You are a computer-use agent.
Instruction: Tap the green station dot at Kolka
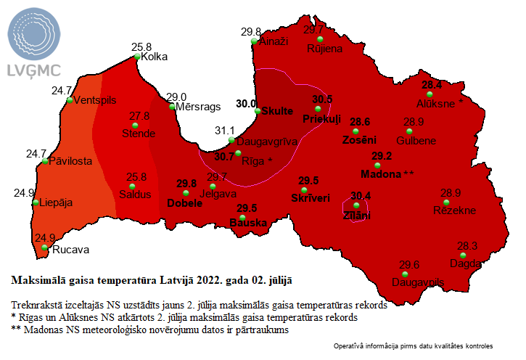point(137,56)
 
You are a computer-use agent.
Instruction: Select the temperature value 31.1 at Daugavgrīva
point(227,130)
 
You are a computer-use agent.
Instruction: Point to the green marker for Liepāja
point(36,203)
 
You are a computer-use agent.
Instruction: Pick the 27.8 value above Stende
point(139,115)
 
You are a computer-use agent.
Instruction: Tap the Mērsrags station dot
point(172,107)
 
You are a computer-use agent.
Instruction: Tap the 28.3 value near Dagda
point(467,246)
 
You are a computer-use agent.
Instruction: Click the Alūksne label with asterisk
point(440,104)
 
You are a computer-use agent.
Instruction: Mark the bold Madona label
point(382,174)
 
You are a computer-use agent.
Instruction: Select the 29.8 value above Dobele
point(186,184)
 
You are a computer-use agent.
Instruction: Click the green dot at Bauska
point(242,217)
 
